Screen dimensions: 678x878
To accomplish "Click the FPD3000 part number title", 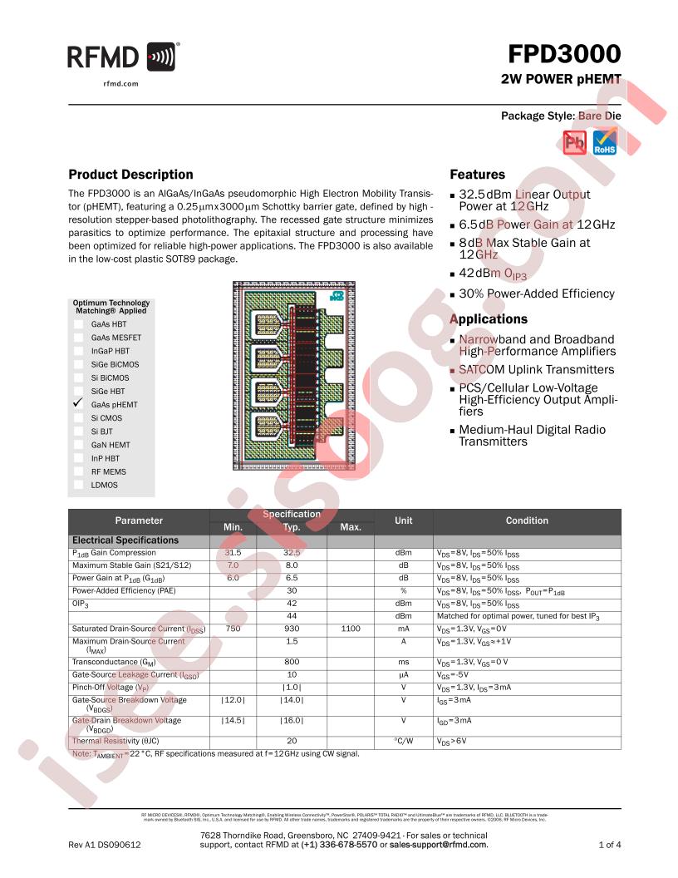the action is tap(565, 55).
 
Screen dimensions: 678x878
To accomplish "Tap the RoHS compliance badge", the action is tap(604, 142).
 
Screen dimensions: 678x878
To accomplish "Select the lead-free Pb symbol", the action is tap(575, 142).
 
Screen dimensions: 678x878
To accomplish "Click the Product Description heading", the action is tap(130, 175).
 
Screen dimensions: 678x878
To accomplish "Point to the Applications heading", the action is tap(489, 319).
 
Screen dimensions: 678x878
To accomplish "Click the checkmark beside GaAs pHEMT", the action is tap(78, 403).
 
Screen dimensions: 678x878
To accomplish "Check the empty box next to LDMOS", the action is tap(78, 485).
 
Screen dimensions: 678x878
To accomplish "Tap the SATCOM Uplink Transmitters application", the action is tap(536, 370).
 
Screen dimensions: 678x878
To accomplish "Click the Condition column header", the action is tap(527, 520).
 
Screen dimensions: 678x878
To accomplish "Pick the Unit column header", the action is tap(403, 520).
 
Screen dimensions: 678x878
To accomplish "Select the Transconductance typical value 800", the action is tap(292, 662).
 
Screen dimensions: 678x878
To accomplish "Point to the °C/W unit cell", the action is tap(403, 740).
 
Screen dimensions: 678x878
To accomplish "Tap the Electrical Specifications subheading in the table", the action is tap(125, 540).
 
